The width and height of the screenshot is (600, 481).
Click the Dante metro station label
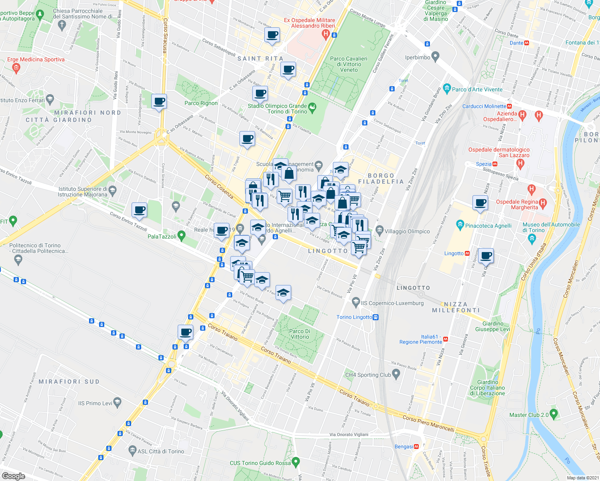[x=517, y=43]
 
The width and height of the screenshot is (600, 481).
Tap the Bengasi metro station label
[x=404, y=447]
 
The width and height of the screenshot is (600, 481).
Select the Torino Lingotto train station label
[x=355, y=317]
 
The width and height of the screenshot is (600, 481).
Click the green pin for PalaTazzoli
[x=182, y=236]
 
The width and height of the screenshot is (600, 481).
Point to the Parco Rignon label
[x=201, y=103]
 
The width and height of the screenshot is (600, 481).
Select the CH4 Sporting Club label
[x=368, y=375]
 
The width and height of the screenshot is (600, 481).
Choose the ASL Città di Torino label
[x=161, y=451]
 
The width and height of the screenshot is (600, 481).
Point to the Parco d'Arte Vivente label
[x=477, y=89]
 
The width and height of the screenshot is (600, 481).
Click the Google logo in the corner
[x=13, y=476]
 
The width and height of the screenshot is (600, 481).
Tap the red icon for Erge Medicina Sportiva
[x=16, y=68]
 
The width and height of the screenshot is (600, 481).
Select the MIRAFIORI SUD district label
[x=69, y=382]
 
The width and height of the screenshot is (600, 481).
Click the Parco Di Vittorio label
[x=300, y=334]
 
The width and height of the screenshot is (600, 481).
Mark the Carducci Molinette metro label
[x=484, y=106]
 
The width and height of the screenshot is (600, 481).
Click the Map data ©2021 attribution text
[x=581, y=477]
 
